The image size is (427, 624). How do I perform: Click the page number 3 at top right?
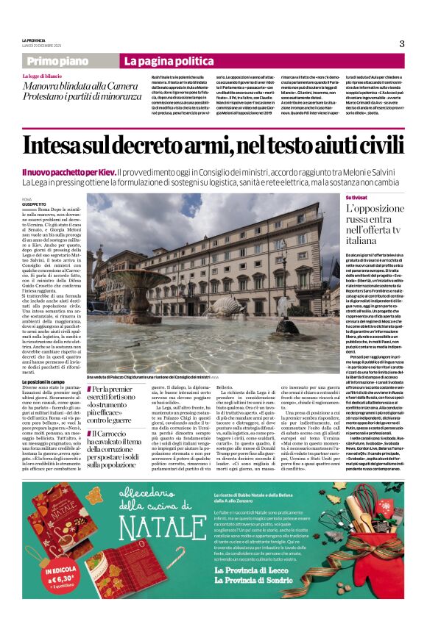click(x=401, y=43)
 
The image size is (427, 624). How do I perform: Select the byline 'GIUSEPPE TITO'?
click(x=34, y=204)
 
